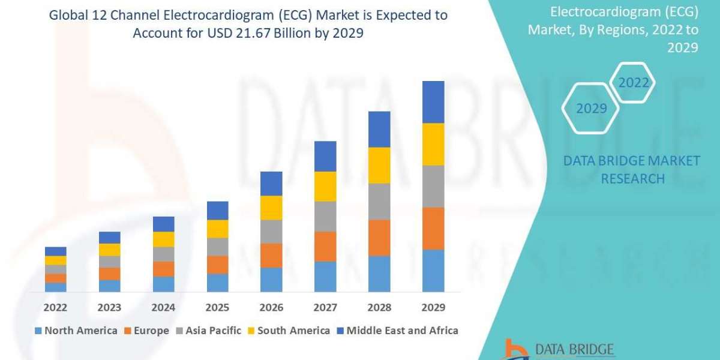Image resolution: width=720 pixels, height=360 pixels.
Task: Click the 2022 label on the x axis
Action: (55, 308)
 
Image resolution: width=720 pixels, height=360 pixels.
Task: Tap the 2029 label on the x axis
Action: (433, 308)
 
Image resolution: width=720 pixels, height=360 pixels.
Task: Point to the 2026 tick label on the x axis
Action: (271, 308)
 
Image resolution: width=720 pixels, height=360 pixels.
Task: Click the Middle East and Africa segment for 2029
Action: (433, 102)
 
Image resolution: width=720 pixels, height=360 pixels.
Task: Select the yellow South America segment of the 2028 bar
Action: (379, 165)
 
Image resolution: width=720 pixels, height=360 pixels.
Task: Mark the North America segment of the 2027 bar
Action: (325, 277)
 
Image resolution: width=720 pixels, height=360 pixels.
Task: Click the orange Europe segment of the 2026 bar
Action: (271, 256)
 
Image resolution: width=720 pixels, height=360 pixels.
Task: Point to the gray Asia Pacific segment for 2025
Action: (217, 247)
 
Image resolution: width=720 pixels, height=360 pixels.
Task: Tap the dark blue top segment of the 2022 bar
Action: (55, 251)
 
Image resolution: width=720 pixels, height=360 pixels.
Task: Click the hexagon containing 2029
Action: (590, 109)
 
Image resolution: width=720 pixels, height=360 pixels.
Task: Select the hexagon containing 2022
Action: (634, 83)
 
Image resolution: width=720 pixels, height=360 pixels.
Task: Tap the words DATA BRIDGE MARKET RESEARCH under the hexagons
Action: (632, 170)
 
